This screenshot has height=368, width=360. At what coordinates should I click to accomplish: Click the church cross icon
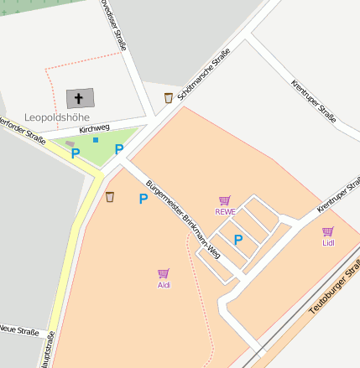coord(80,97)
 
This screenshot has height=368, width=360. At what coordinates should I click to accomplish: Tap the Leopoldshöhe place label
coord(57,117)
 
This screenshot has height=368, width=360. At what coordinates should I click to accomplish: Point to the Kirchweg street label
coord(94,128)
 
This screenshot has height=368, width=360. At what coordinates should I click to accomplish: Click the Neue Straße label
coord(18,331)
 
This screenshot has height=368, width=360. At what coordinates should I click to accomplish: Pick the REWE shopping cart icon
coord(225,200)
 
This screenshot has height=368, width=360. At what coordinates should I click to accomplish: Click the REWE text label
coord(225,212)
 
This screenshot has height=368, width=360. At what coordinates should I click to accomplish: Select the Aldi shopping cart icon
coord(164,273)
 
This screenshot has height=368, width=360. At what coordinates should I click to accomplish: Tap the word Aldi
coord(164,285)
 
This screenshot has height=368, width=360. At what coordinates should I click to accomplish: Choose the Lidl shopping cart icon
coord(327,231)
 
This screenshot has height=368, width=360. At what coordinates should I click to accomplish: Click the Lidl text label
coord(327,243)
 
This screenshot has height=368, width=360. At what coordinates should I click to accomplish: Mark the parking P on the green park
coord(119,149)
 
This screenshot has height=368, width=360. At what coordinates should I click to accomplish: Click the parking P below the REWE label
coord(238,240)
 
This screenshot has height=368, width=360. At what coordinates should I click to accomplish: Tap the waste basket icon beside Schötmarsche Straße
coord(169,97)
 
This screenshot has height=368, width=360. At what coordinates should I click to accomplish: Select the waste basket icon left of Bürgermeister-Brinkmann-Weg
coord(110,197)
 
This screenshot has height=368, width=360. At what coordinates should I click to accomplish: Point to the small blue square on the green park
coord(96,139)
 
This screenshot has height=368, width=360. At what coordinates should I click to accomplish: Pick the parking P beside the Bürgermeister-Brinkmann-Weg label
coord(143,199)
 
